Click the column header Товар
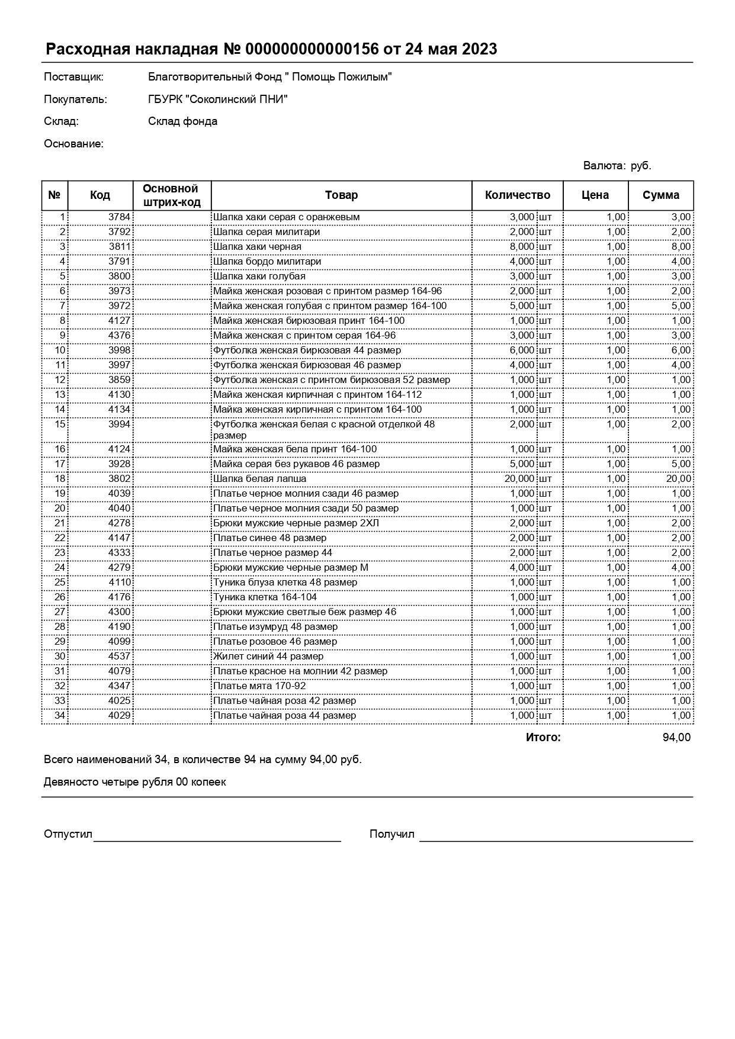pos(341,195)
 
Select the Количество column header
pos(517,195)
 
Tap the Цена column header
pos(595,195)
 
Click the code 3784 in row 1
pos(119,217)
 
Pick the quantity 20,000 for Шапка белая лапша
pos(519,479)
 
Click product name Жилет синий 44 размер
pos(268,657)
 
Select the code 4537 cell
pos(119,657)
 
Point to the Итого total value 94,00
pos(676,738)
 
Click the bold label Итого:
pos(543,738)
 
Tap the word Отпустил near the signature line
pos(68,834)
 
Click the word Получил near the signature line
pos(391,834)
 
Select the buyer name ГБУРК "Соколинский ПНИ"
pos(217,99)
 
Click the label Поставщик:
pos(73,77)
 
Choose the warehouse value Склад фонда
pos(182,121)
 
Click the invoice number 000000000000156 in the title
pos(312,49)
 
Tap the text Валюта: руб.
pos(617,166)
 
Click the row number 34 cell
pos(59,716)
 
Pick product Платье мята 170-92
pos(259,686)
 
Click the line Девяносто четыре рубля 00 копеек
pos(134,782)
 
